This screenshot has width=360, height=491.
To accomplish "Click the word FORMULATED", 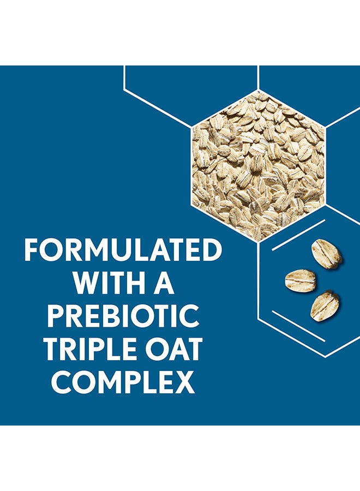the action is coord(123,250).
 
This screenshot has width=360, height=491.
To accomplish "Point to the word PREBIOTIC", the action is coord(123,316).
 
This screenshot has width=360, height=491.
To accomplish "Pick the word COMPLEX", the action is coord(123,382).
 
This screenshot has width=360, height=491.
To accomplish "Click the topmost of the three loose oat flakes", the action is coord(326,254).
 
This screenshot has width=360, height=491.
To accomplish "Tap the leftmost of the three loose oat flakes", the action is coord(300,281).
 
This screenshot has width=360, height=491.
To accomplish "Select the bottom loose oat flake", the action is coord(325,306).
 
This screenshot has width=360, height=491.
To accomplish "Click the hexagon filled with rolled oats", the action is coord(258,166).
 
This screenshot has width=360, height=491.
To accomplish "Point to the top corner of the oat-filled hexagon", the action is coord(258,90).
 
